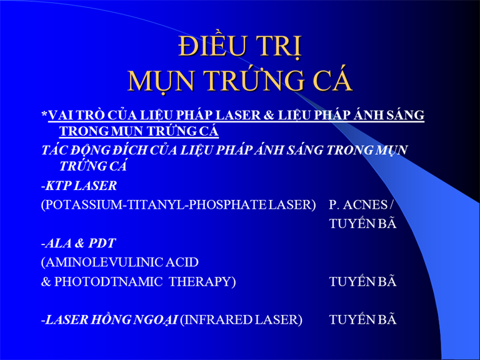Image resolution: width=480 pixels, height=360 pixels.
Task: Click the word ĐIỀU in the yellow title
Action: click(x=210, y=46)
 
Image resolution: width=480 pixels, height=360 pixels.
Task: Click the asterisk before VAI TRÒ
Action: click(x=44, y=114)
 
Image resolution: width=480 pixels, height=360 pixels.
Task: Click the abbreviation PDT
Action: click(x=102, y=243)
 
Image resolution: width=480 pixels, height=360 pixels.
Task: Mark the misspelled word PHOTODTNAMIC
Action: click(x=108, y=282)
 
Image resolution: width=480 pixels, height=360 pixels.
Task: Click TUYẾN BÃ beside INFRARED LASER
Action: click(x=362, y=319)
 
